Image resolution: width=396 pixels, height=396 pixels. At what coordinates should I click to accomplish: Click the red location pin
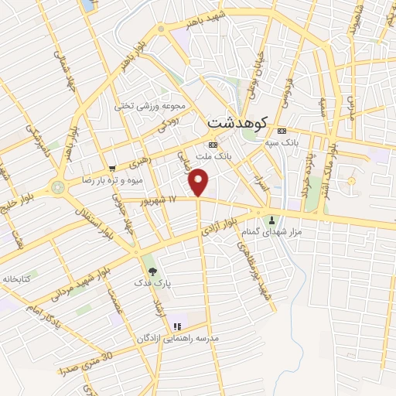click(199, 183)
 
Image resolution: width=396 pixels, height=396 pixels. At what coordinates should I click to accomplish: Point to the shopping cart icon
click(113, 168)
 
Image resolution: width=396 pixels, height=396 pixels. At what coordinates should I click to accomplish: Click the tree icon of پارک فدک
click(152, 271)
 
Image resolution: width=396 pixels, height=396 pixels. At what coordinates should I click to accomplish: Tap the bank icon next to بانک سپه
click(282, 130)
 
